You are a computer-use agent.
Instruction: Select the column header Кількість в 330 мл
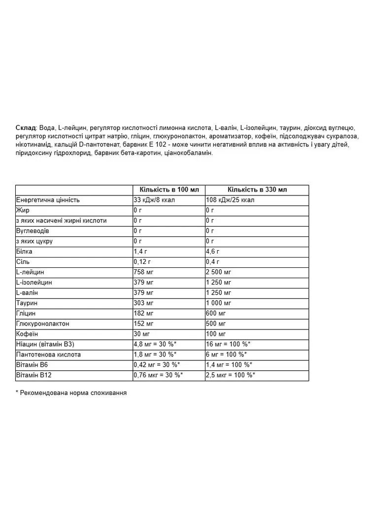click(x=257, y=190)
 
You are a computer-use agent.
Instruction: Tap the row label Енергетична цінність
click(x=48, y=200)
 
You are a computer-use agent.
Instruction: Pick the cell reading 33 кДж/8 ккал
click(x=154, y=200)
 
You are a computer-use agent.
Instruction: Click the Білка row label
click(x=24, y=252)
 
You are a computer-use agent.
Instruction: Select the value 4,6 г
click(x=212, y=252)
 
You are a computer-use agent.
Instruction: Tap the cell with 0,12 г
click(x=143, y=262)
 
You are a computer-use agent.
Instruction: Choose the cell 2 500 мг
click(x=218, y=272)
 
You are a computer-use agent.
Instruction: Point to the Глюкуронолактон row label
click(x=43, y=324)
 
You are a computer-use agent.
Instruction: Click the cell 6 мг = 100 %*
click(x=226, y=355)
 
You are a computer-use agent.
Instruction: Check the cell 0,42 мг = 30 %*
click(x=157, y=365)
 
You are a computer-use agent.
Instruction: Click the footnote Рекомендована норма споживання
click(x=73, y=393)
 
